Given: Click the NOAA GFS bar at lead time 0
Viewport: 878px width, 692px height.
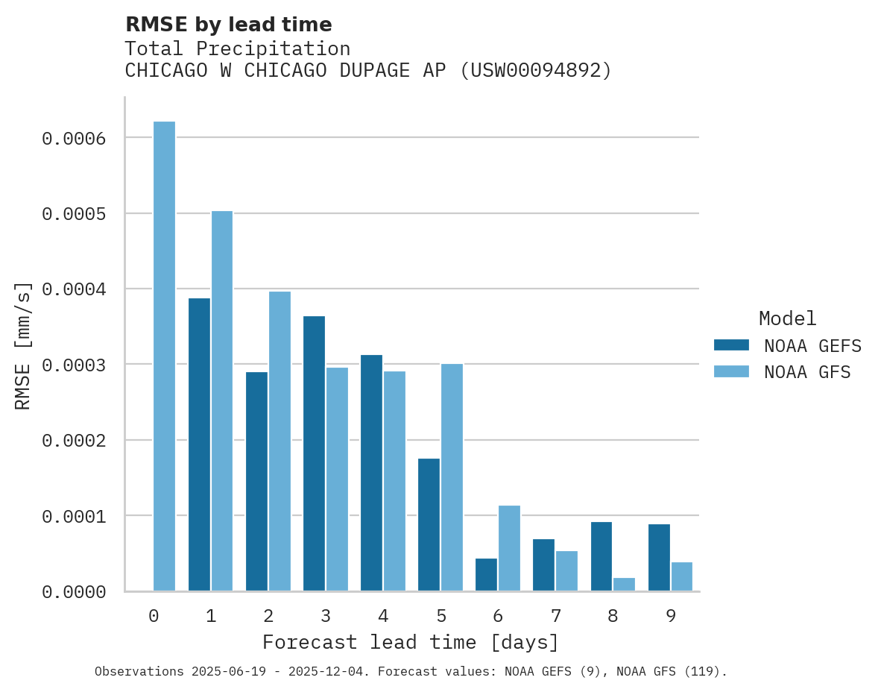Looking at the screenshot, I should (164, 356).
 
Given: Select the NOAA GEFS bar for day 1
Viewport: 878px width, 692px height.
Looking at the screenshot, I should (199, 444).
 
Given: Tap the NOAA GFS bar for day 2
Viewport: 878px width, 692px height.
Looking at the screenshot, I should (279, 441).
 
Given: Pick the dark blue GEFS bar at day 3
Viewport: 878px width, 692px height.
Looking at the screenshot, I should (314, 453).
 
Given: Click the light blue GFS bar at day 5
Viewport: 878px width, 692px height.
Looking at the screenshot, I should (452, 477).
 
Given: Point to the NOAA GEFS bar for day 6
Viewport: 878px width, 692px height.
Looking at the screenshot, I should (486, 575).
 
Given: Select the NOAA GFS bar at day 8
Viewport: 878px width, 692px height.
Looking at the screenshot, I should (624, 585).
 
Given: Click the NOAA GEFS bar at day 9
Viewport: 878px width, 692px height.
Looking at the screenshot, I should (659, 558).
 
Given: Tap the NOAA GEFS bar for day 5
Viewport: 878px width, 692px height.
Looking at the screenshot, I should (429, 525).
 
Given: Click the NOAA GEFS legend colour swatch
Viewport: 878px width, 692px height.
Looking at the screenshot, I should (730, 345).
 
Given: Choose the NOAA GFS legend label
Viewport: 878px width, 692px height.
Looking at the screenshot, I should (806, 372).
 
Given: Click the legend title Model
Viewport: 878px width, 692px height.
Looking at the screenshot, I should (787, 319).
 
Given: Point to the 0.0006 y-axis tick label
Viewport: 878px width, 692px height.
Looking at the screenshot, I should (73, 139).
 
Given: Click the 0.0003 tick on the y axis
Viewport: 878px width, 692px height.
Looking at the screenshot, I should (73, 365).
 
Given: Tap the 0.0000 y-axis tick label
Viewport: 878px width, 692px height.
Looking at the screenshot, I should (73, 592).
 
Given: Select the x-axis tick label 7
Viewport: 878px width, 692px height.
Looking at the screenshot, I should (555, 617).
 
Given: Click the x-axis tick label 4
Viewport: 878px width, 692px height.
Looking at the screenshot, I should (383, 617).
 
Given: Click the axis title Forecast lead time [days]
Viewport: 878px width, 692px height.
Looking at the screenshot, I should (411, 643).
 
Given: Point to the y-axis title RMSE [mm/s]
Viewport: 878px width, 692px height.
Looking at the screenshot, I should (23, 345).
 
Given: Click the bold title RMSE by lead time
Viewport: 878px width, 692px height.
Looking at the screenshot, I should (228, 25).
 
